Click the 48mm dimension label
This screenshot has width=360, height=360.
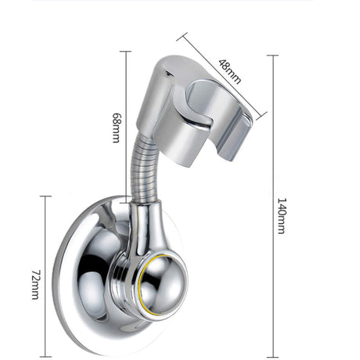tap(229, 68)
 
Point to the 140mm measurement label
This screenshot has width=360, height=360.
tap(280, 211)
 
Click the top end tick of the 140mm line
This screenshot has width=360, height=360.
tap(272, 56)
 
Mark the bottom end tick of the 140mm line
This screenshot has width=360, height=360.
tap(272, 356)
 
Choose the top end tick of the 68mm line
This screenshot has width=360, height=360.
tap(125, 52)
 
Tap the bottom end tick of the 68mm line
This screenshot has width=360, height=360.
tap(125, 201)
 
